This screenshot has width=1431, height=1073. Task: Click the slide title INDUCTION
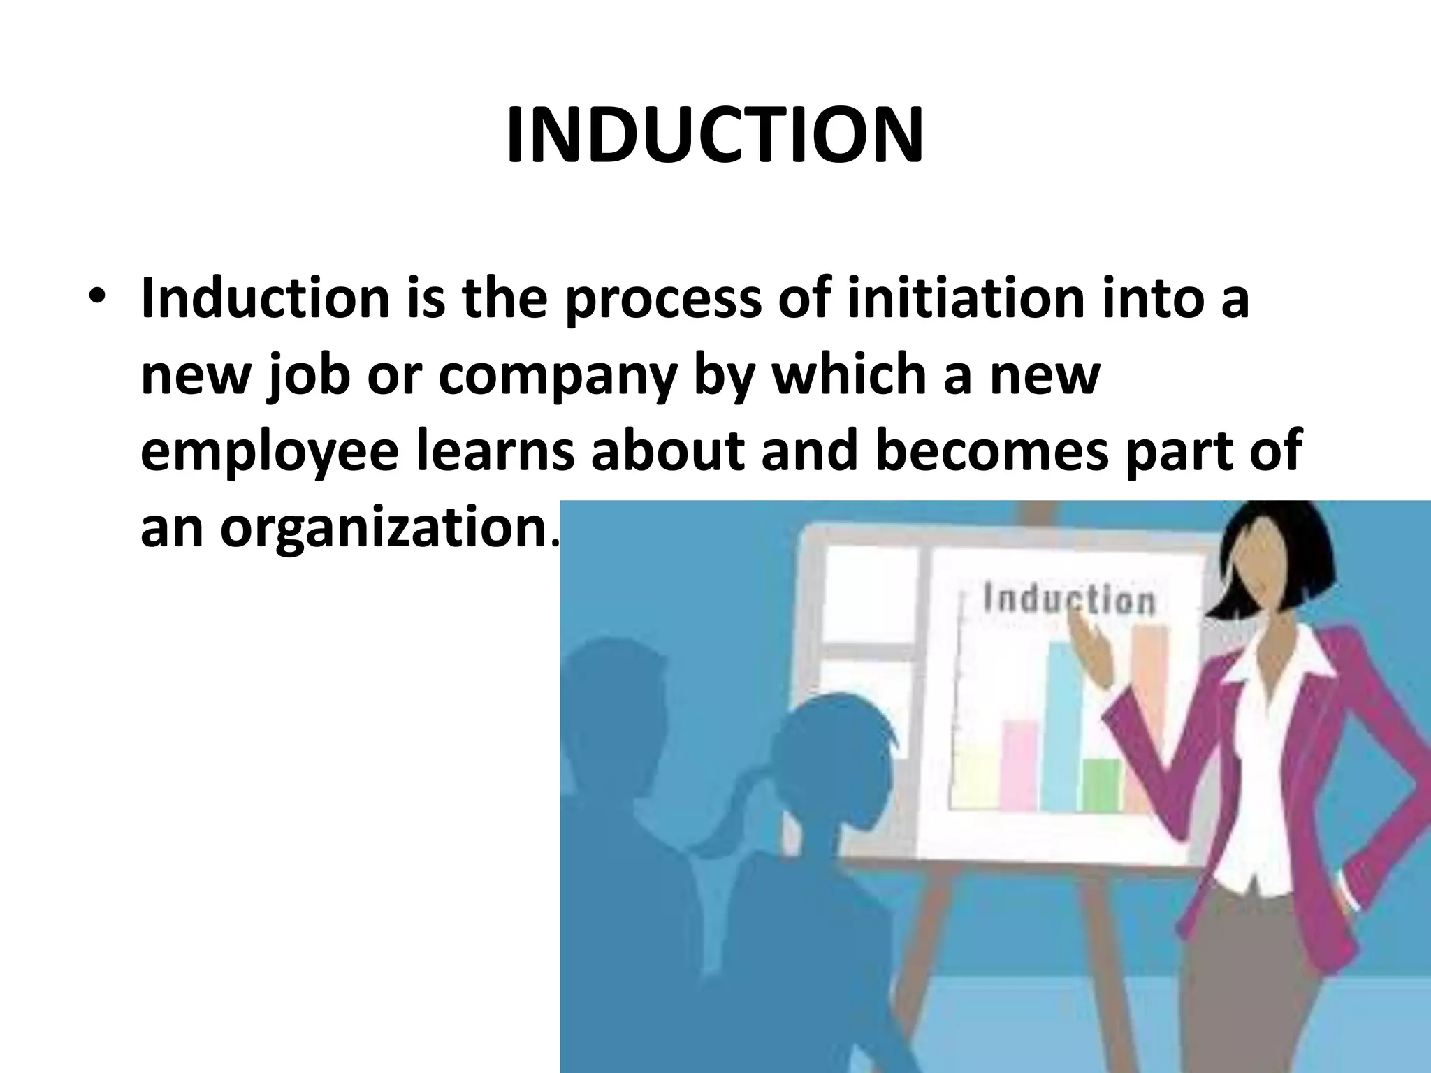[x=715, y=137]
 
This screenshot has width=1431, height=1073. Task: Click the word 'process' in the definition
[x=662, y=302]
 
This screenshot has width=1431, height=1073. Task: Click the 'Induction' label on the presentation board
[x=1069, y=600]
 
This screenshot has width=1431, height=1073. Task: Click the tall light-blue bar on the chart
[x=1061, y=727]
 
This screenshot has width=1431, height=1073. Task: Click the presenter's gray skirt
[x=1300, y=978]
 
